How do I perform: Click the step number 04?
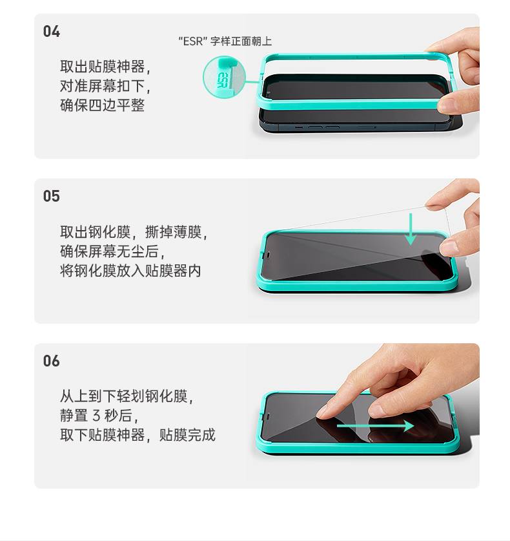52,32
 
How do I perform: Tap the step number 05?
52,196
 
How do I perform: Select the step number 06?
52,361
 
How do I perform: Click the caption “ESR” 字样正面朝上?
225,41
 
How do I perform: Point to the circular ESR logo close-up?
224,78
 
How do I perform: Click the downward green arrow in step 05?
411,229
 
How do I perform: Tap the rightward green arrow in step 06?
375,426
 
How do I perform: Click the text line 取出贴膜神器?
105,67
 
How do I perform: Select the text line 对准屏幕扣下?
105,86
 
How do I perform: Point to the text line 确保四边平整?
102,105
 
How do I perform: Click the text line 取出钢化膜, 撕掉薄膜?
134,232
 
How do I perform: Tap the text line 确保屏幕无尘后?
112,251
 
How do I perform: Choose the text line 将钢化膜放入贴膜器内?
130,270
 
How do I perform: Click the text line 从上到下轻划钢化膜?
127,396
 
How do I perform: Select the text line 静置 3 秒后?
99,416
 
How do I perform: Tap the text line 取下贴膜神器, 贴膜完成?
138,435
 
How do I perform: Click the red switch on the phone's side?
299,127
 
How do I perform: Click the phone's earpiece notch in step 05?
268,255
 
